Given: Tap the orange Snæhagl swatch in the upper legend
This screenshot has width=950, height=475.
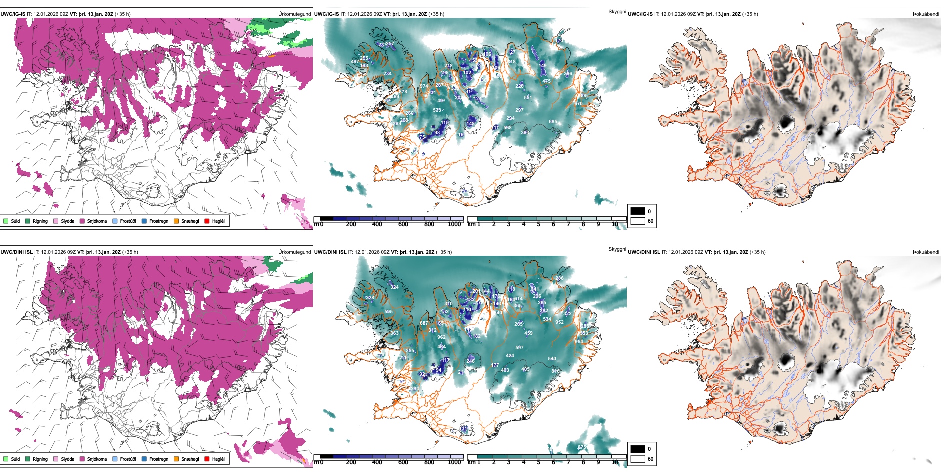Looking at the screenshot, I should click(x=176, y=221).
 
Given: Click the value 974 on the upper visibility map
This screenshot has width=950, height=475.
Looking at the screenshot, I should click(x=424, y=86).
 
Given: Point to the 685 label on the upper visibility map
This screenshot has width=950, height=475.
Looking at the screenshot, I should click(x=553, y=122).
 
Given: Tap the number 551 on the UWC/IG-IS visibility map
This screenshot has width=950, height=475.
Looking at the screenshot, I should click(x=528, y=98).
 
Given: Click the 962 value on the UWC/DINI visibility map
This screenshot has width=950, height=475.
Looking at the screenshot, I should click(x=441, y=337).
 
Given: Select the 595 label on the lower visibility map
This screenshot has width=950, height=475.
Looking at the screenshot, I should click(x=388, y=312).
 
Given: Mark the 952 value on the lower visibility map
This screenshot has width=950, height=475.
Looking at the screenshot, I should click(x=559, y=322).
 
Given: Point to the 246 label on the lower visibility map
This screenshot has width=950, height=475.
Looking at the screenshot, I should click(x=470, y=361).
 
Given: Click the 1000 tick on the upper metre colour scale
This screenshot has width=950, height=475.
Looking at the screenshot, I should click(x=454, y=224).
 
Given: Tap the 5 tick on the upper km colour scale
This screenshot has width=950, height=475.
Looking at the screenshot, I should click(x=538, y=224).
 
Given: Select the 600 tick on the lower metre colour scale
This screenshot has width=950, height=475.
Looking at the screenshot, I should click(x=403, y=462).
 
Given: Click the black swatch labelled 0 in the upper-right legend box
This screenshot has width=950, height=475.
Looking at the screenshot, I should click(x=638, y=211).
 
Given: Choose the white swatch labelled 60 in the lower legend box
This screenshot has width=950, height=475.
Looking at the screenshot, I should click(x=638, y=459).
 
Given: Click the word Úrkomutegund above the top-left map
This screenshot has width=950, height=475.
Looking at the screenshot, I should click(x=294, y=14).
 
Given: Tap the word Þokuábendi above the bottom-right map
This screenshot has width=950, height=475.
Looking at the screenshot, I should click(x=926, y=252).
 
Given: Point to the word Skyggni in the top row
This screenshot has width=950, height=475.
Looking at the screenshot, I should click(x=617, y=12).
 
